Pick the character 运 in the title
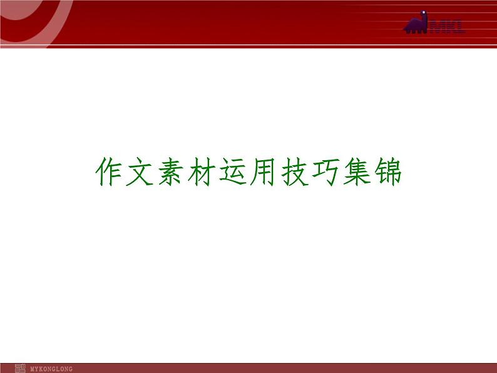(233, 171)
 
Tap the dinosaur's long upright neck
(424, 21)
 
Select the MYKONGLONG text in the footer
(51, 369)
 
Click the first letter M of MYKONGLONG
(32, 369)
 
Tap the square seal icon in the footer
(19, 368)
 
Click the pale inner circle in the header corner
(13, 13)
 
